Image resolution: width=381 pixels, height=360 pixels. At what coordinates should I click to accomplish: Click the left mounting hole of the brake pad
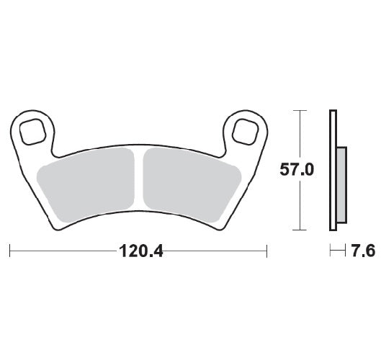tap(34, 132)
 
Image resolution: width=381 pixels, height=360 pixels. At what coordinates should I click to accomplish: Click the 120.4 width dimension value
tap(139, 251)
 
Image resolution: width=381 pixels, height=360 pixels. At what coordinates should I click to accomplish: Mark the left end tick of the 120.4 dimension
tap(10, 251)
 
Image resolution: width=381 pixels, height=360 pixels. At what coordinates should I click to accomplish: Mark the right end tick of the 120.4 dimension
tap(268, 251)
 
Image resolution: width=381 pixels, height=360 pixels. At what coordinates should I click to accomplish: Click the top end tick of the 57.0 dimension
tap(297, 110)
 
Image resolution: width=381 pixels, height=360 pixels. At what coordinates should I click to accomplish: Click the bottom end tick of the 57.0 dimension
tap(297, 230)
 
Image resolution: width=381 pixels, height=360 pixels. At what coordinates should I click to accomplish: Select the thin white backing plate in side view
tap(332, 170)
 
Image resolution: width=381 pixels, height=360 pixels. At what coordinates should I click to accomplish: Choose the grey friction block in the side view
tap(341, 184)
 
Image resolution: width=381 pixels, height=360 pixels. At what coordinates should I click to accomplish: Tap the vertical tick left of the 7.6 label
tap(331, 251)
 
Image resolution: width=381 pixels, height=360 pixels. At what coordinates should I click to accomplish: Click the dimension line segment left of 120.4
tap(61, 251)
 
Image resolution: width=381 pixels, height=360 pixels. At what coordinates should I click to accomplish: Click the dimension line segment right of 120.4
tap(216, 251)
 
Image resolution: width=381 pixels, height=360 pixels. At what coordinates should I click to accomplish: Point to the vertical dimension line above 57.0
tap(297, 137)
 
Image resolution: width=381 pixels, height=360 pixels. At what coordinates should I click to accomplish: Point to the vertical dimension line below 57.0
tap(297, 205)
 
